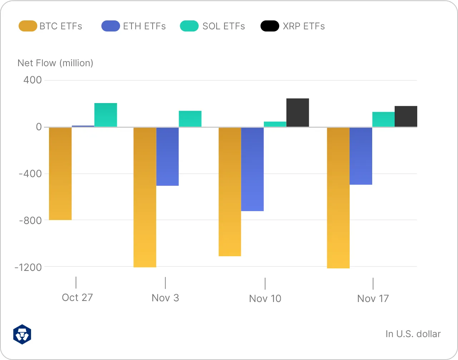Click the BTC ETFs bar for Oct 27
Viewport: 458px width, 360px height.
[x=60, y=174]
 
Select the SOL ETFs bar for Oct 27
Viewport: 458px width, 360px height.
[x=105, y=115]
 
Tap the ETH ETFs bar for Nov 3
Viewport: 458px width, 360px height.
[x=167, y=156]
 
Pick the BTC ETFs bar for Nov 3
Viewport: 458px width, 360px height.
[x=145, y=197]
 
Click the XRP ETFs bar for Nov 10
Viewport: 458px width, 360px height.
[x=297, y=112]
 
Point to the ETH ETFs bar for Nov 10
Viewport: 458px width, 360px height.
[x=252, y=169]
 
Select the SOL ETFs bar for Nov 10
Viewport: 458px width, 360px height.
[x=275, y=124]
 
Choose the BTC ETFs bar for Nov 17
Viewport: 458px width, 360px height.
[x=338, y=198]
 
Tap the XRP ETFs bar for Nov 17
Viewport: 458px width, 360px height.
[x=406, y=116]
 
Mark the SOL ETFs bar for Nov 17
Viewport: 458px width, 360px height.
[x=383, y=120]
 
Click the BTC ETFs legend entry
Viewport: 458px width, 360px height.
[x=50, y=26]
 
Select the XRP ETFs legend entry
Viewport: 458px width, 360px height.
[x=293, y=26]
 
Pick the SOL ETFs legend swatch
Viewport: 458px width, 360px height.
[x=189, y=26]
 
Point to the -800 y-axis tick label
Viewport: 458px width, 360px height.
[x=30, y=220]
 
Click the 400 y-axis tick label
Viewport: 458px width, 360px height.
[x=33, y=80]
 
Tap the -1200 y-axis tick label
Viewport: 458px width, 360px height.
[x=28, y=267]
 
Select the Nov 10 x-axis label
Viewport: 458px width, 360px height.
[x=265, y=298]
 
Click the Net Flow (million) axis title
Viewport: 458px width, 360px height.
[x=55, y=63]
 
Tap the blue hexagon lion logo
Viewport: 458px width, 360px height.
[x=22, y=334]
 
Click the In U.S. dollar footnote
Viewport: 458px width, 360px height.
[x=413, y=334]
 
